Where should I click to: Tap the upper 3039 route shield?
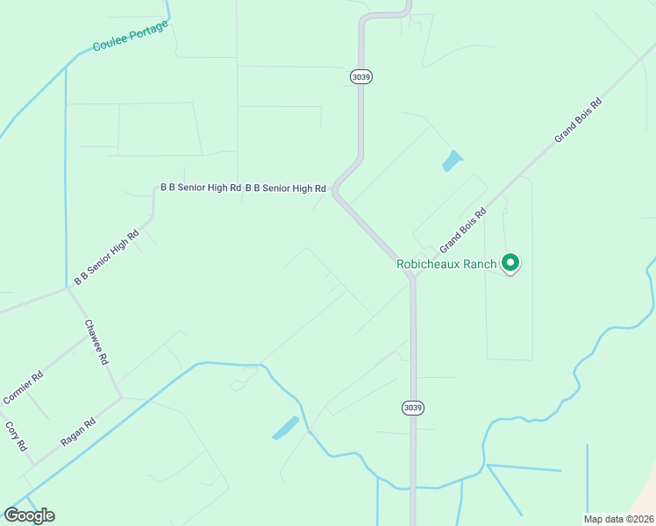click(360, 76)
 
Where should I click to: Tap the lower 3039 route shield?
click(413, 408)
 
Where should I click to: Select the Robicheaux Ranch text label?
click(446, 263)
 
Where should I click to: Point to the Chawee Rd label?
click(96, 342)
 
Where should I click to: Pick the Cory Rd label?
click(16, 436)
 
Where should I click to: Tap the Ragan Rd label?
click(78, 432)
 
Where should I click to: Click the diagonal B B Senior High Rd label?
click(107, 257)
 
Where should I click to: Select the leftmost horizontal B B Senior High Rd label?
click(200, 188)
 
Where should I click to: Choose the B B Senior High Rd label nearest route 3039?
click(285, 188)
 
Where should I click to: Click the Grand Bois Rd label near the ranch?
click(462, 228)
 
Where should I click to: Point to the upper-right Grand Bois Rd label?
click(578, 121)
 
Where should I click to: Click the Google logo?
click(29, 515)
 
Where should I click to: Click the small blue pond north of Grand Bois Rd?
click(452, 161)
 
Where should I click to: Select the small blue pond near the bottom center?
click(285, 428)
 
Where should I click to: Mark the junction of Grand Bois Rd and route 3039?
click(412, 276)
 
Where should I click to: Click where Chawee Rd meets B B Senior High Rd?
click(68, 288)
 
